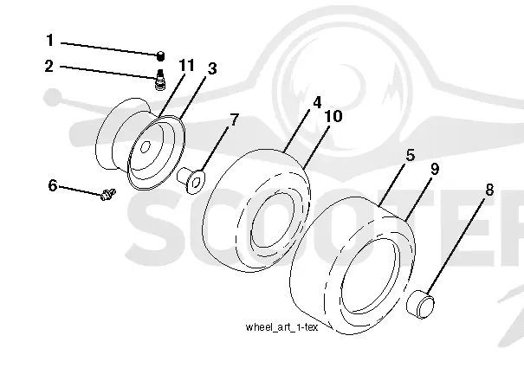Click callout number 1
click(49, 40)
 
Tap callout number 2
click(49, 66)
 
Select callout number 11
click(186, 65)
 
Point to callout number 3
click(212, 68)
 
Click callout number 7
click(235, 119)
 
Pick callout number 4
click(317, 102)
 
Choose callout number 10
click(333, 116)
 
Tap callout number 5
click(411, 155)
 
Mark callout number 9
click(435, 169)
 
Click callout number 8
click(489, 190)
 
